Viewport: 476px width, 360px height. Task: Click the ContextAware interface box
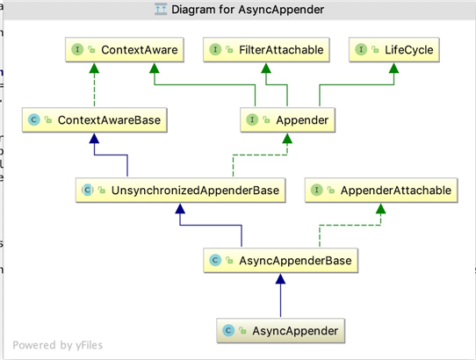[x=125, y=50]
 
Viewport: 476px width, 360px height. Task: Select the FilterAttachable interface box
[x=266, y=50]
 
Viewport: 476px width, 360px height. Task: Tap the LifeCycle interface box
[x=394, y=50]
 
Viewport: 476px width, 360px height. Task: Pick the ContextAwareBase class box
[x=95, y=120]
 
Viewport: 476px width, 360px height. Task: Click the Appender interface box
[x=287, y=120]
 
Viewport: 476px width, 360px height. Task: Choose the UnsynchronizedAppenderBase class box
[x=180, y=191]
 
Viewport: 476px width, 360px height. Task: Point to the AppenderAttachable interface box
[x=381, y=191]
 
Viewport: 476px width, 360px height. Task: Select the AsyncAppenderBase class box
[x=280, y=261]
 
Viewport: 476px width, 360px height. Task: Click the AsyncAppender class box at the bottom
[x=280, y=330]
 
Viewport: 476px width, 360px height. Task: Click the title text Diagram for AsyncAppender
[x=248, y=10]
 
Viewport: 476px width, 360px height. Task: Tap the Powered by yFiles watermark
[x=57, y=345]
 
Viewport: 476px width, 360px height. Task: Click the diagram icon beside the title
[x=161, y=10]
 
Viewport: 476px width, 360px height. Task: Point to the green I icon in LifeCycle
[x=361, y=49]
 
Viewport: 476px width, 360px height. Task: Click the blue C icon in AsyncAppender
[x=228, y=330]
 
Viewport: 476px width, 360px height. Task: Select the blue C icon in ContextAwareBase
[x=34, y=119]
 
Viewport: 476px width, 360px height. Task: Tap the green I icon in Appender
[x=252, y=119]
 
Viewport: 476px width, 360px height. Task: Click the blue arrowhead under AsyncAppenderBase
[x=280, y=279]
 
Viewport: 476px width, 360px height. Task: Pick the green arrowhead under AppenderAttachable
[x=380, y=209]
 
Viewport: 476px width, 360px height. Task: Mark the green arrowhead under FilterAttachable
[x=266, y=68]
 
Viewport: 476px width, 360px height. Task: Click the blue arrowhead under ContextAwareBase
[x=94, y=139]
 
